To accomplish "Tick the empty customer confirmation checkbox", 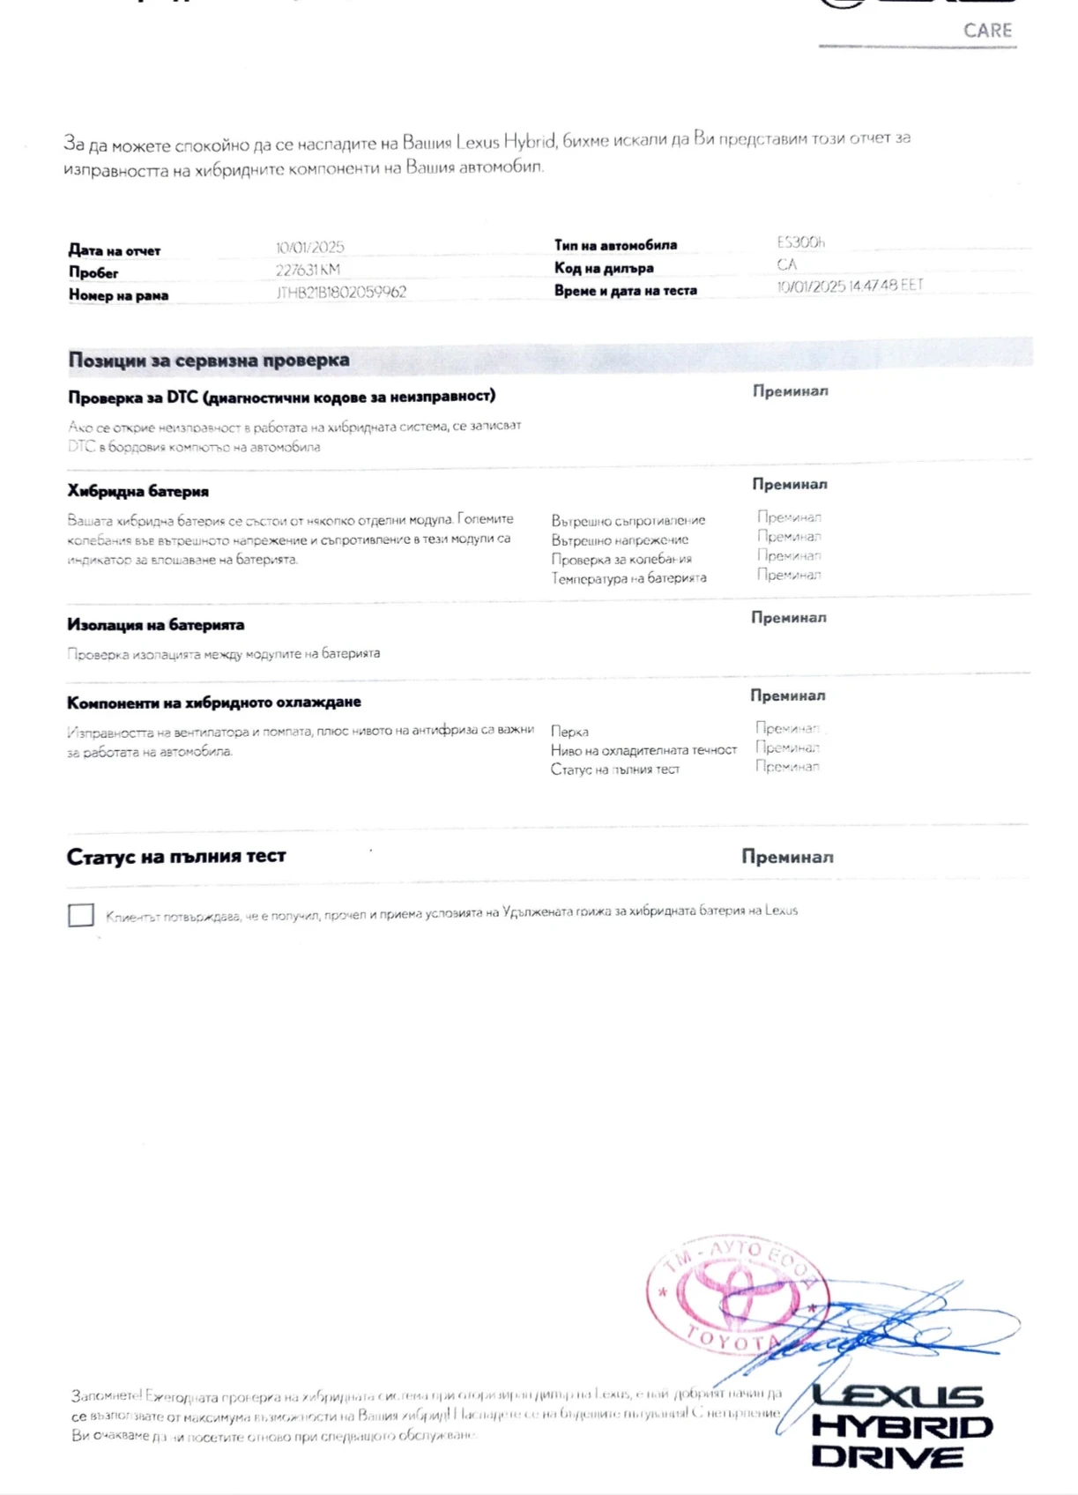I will tap(81, 915).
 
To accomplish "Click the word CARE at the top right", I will tap(987, 31).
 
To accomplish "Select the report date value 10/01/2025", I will tap(309, 248).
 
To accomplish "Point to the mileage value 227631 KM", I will tap(307, 270).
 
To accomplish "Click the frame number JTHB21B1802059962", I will tap(341, 292).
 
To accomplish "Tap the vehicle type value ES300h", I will tap(800, 242).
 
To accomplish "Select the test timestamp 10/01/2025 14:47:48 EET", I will tap(850, 286).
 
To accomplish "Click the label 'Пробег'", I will tap(93, 273).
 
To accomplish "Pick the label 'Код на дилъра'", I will tap(604, 268).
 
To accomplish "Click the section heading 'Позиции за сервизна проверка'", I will tap(209, 360).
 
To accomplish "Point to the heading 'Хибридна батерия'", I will tap(138, 491).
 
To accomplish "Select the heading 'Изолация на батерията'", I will tap(156, 625).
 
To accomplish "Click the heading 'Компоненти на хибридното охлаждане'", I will tap(214, 703).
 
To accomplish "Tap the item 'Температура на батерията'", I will tap(628, 578).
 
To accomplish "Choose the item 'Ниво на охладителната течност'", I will tap(643, 750).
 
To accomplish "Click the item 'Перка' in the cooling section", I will tap(569, 732).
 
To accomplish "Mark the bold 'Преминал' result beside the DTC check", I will tap(790, 391).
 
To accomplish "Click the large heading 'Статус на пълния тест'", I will tap(176, 856).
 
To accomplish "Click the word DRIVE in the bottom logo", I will tap(887, 1456).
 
